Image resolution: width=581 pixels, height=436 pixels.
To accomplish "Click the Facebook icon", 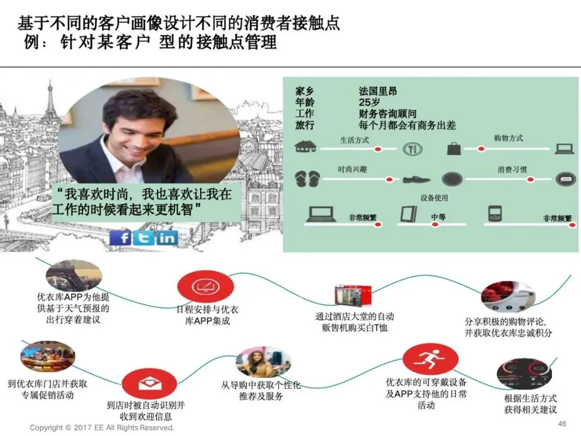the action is (121, 237).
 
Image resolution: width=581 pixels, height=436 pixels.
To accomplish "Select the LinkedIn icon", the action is (167, 237).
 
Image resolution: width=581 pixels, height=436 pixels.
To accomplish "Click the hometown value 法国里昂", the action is (378, 92).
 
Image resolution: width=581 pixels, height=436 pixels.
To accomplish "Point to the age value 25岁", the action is (370, 103).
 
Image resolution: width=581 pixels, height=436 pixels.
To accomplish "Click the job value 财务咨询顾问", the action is (387, 114).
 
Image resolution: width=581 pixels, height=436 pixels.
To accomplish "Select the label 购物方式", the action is (508, 138).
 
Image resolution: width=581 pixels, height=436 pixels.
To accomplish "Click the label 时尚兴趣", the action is (352, 170).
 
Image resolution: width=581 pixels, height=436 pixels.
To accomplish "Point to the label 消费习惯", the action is (512, 170).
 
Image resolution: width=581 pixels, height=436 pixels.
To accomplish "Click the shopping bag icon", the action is (453, 148).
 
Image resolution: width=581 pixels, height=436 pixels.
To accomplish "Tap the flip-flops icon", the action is (307, 179).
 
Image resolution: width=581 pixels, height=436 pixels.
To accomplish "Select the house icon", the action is (306, 146).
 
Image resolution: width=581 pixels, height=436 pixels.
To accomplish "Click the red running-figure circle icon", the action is (430, 360).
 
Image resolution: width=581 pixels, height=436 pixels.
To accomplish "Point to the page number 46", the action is (562, 424).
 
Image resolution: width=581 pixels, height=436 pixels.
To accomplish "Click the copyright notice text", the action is (102, 428).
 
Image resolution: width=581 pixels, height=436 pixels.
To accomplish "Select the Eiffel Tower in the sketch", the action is (51, 108).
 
